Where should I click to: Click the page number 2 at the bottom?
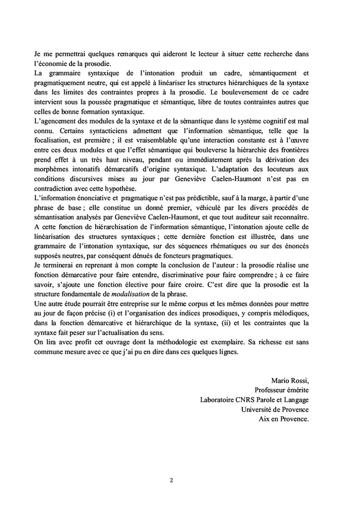pos(171,481)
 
